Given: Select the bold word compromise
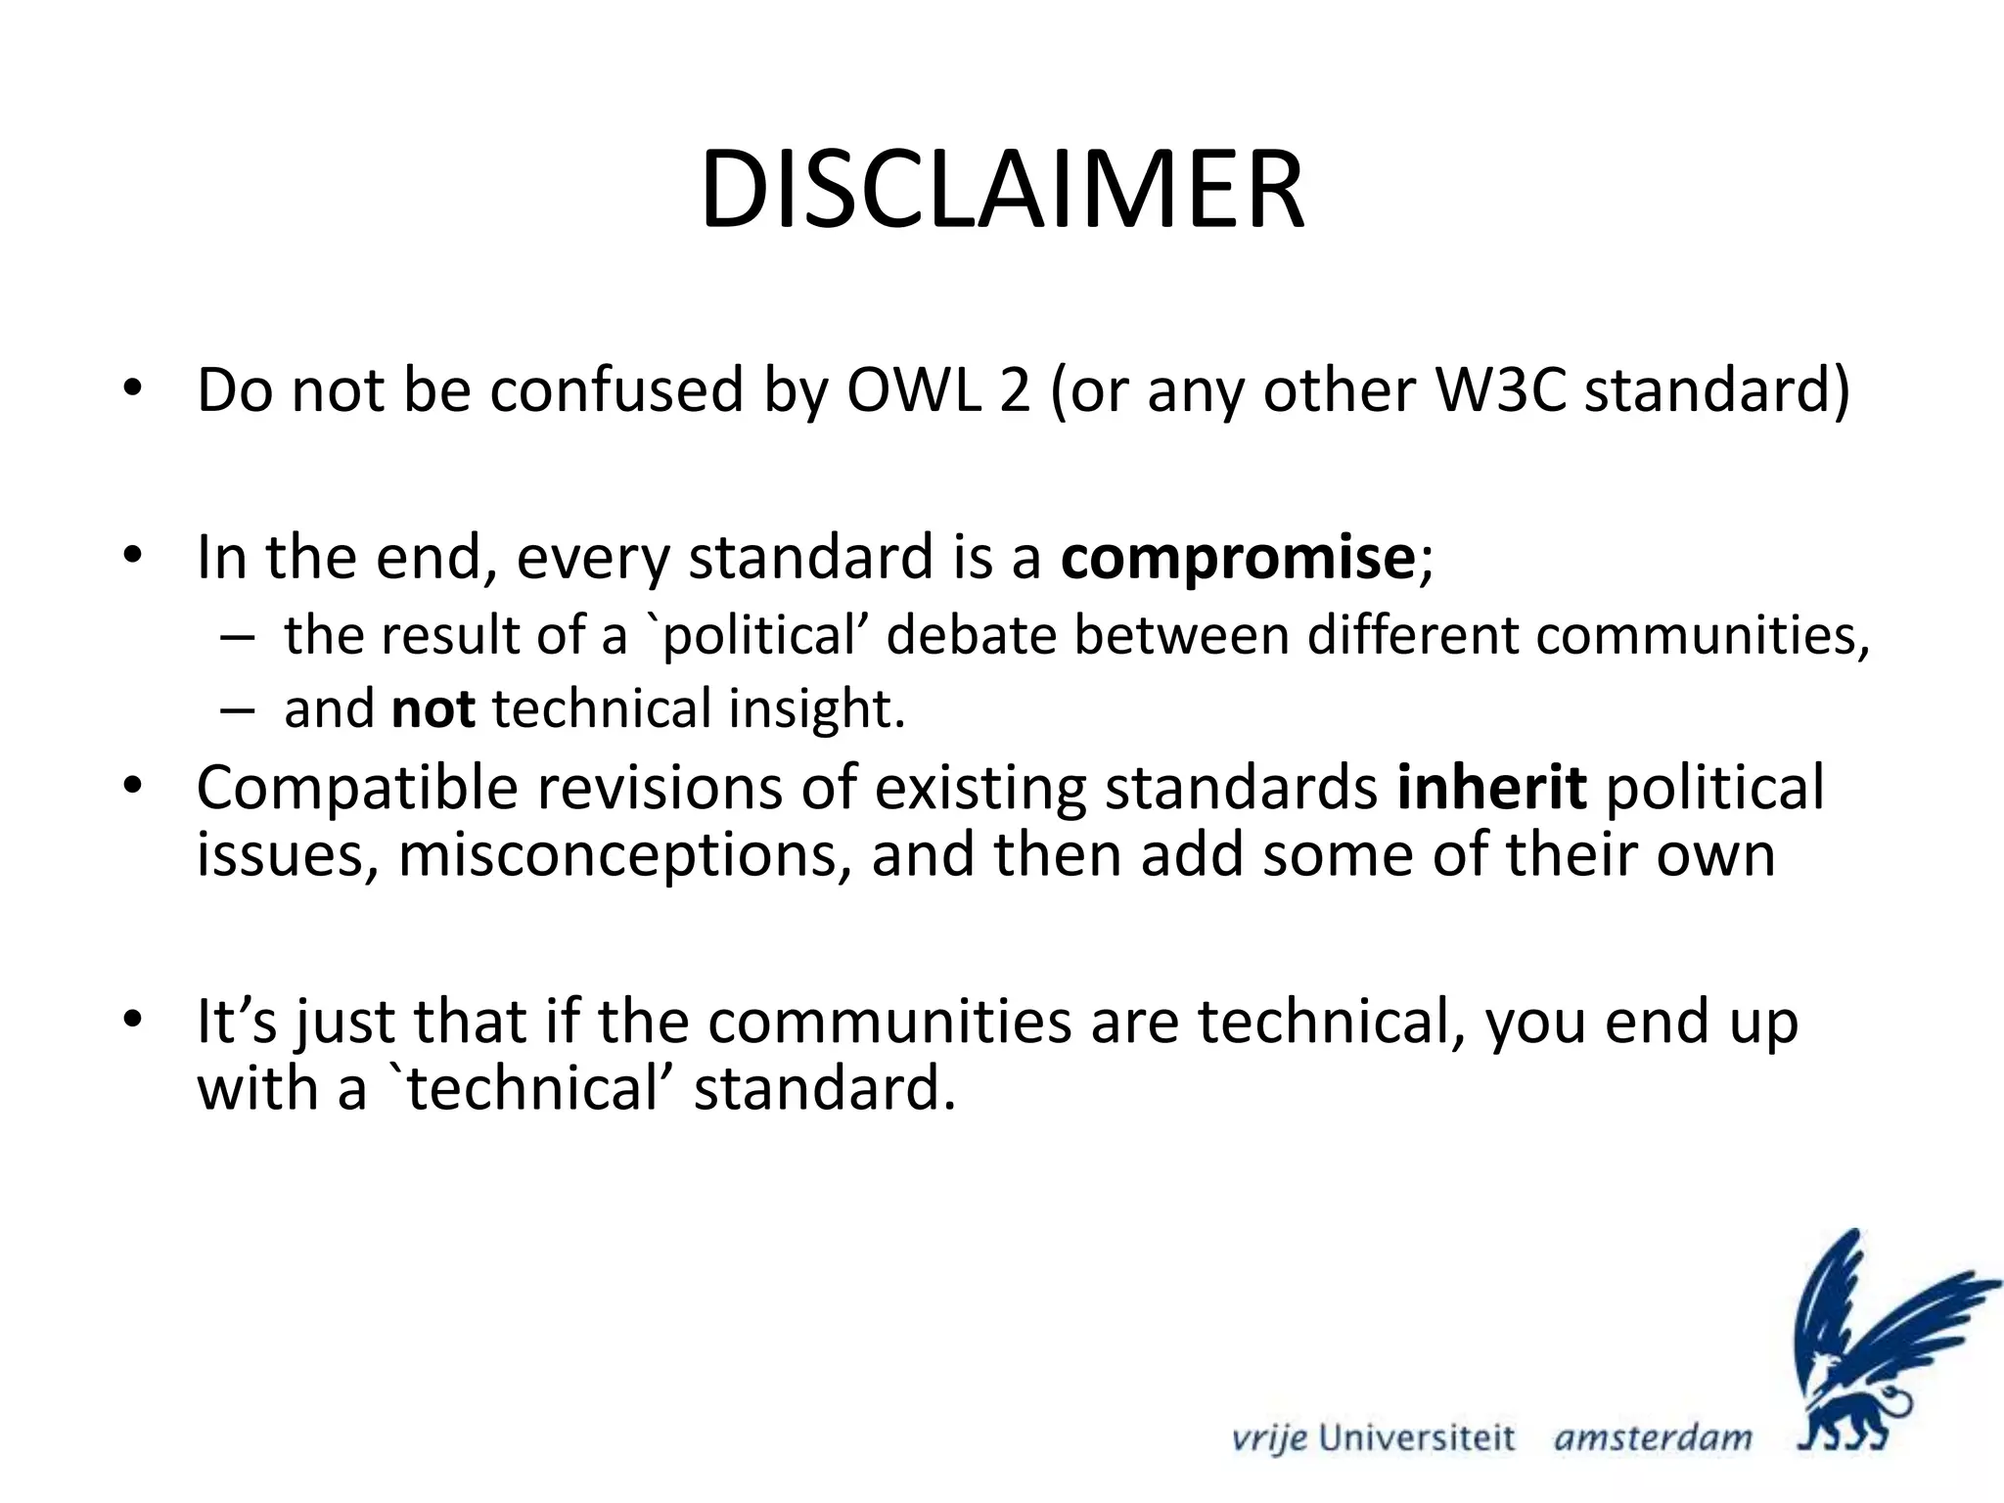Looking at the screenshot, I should [1237, 558].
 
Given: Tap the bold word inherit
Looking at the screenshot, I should [1491, 787].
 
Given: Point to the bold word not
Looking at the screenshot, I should [433, 708].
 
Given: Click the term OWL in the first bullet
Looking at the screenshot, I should [912, 390].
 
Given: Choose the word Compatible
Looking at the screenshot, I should [356, 787].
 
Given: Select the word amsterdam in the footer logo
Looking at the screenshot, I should [1653, 1438].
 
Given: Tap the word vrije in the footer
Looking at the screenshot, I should [1269, 1438].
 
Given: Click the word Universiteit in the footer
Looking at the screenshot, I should [1417, 1438].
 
